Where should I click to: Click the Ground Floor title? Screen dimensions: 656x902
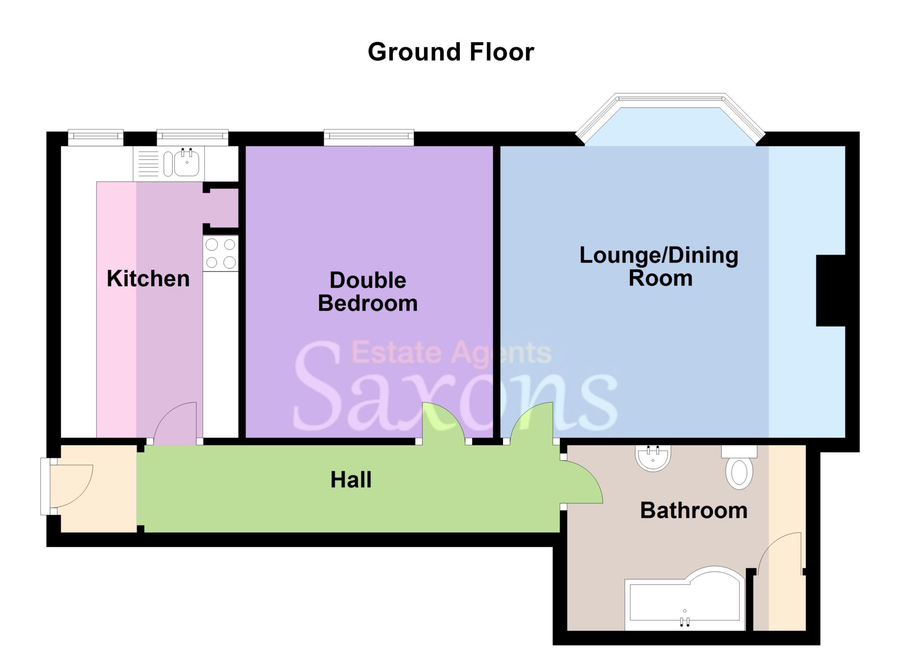451,52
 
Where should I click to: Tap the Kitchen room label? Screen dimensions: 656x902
148,278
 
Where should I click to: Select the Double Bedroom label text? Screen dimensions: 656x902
368,292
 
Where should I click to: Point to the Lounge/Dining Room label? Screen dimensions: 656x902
659,267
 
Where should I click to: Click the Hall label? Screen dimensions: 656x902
351,480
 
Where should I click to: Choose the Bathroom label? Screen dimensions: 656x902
694,511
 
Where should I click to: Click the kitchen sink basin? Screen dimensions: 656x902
187,163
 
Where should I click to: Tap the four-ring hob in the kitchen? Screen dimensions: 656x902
220,253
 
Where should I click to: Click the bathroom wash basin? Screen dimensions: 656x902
653,458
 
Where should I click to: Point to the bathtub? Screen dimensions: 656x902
685,604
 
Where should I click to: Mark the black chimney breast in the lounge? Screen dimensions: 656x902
830,290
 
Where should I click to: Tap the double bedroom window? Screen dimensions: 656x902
369,137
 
